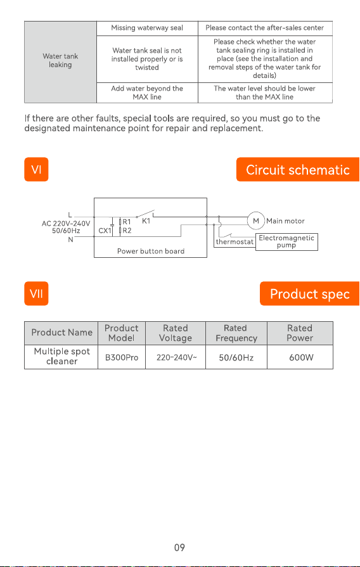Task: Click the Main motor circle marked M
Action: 256,220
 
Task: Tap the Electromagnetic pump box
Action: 286,242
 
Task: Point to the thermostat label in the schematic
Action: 235,242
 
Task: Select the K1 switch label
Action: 146,221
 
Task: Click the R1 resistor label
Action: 127,222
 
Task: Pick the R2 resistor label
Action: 127,231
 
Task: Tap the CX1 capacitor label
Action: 105,231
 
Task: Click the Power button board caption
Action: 150,251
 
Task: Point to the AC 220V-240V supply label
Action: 66,224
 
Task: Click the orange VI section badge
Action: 36,169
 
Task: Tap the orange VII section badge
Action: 36,293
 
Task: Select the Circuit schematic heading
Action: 298,170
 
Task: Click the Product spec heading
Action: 310,293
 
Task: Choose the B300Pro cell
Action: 122,357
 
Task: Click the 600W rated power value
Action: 301,358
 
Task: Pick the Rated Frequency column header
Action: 236,333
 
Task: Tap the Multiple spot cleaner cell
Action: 61,357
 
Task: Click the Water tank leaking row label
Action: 60,60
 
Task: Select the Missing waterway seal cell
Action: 147,28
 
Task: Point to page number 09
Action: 179,547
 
